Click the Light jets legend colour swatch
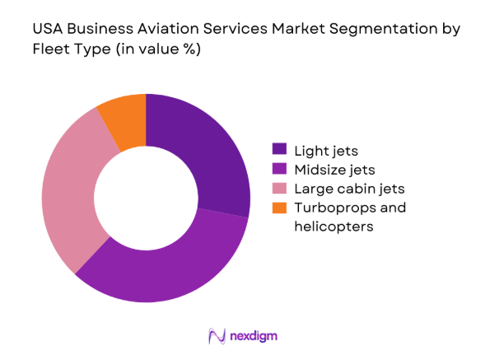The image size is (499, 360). [x=280, y=150]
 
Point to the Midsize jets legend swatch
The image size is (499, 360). [x=280, y=169]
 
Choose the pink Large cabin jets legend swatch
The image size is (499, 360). [x=280, y=189]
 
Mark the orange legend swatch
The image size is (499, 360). [x=280, y=208]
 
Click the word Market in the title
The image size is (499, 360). [x=287, y=30]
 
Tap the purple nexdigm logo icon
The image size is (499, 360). [x=218, y=336]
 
